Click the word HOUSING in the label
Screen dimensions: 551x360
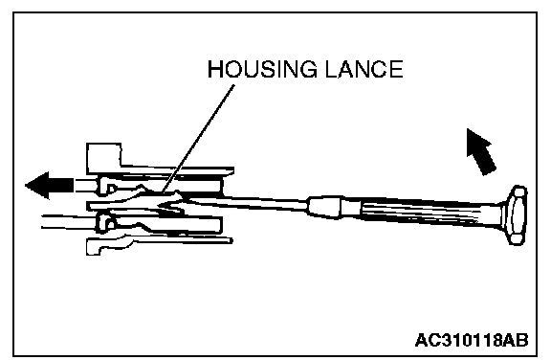coord(262,69)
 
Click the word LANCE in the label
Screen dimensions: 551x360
coord(364,69)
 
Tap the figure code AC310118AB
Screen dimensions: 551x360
coord(472,340)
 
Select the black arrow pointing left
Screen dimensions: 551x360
coord(49,185)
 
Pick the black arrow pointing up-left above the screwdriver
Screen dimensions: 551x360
coord(481,151)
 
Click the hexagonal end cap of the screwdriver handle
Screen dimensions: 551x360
coord(517,214)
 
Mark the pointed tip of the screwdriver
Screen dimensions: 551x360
coord(159,205)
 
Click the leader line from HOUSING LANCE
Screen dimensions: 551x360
coord(199,138)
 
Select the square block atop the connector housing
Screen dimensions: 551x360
coord(103,158)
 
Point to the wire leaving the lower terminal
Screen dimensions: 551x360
coord(69,221)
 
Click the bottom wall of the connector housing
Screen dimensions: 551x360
coord(158,243)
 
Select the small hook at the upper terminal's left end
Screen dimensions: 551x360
coord(106,186)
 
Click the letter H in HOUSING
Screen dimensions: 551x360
coord(214,69)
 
